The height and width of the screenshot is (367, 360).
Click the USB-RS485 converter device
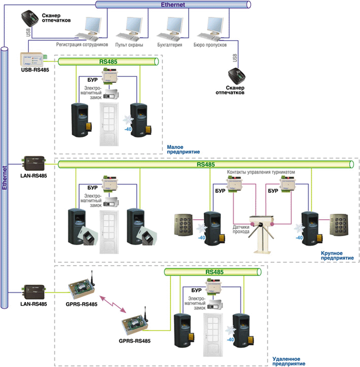tap(33, 59)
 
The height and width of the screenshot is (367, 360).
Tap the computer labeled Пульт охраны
tap(130, 29)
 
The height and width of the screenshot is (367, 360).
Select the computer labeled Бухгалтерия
tap(170, 29)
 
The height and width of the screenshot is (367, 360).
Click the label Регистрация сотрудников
tap(82, 44)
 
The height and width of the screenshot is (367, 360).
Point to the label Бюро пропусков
tap(210, 44)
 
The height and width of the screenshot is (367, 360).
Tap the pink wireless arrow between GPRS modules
tap(113, 304)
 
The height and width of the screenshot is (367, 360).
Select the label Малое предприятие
tap(183, 150)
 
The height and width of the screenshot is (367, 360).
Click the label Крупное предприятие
tap(337, 256)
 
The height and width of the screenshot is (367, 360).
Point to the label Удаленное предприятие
tap(289, 362)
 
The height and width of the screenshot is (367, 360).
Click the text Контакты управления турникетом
tap(261, 172)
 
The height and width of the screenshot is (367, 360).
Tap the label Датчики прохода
tap(241, 229)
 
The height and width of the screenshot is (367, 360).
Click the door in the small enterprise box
tap(109, 124)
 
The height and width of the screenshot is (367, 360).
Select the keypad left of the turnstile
tap(184, 225)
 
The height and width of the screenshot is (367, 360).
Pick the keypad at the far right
tap(339, 225)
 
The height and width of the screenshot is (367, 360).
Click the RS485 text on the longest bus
tap(206, 165)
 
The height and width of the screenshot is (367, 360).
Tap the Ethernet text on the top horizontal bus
tap(173, 4)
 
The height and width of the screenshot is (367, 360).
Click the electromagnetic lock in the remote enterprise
tap(215, 305)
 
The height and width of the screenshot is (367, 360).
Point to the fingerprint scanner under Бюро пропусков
tap(236, 76)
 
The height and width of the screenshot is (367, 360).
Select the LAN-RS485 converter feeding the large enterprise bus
tap(33, 163)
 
